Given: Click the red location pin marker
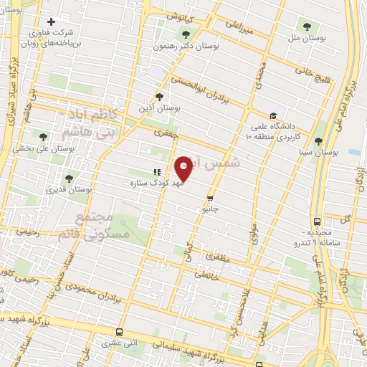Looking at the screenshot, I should (184, 168).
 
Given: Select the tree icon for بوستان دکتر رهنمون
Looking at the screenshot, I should (186, 34).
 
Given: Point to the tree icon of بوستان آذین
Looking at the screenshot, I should (158, 97).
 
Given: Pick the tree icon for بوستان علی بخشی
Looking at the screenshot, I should (44, 135).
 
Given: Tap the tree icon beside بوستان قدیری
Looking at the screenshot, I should (69, 178).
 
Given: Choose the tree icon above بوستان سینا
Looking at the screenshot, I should (318, 141).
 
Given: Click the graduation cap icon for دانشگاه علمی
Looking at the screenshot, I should (272, 115).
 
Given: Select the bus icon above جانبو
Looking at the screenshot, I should (210, 198).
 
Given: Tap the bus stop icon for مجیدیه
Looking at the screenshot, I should (318, 222).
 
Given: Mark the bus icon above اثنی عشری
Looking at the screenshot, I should (119, 332).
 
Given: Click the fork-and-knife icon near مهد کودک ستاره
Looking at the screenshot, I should (156, 172).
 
